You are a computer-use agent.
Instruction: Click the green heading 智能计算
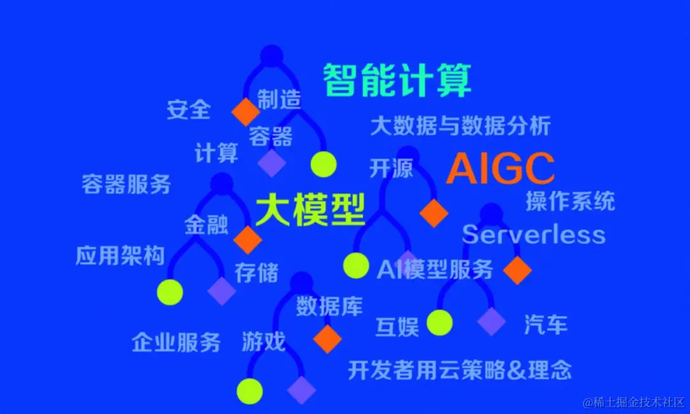[397, 80]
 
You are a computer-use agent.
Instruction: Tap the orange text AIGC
[500, 169]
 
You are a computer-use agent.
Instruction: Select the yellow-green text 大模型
[310, 210]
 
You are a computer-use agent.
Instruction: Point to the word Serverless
[533, 234]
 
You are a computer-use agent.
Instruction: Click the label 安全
[188, 110]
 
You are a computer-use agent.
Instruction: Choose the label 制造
[279, 100]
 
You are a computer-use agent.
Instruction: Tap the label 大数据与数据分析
[460, 126]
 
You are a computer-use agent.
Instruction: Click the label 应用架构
[120, 256]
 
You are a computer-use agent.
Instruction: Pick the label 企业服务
[176, 342]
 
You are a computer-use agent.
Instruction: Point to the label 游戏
[263, 342]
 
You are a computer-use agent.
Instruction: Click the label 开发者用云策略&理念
[459, 369]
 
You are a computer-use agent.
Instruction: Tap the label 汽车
[546, 325]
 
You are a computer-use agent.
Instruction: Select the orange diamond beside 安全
[246, 112]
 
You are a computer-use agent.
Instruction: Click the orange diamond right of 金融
[248, 240]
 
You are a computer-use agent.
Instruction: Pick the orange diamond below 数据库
[328, 339]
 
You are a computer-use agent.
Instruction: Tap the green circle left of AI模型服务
[356, 265]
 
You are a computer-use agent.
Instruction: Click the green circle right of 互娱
[440, 323]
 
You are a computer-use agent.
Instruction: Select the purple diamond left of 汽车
[491, 321]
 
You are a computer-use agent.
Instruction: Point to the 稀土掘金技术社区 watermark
[632, 402]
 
